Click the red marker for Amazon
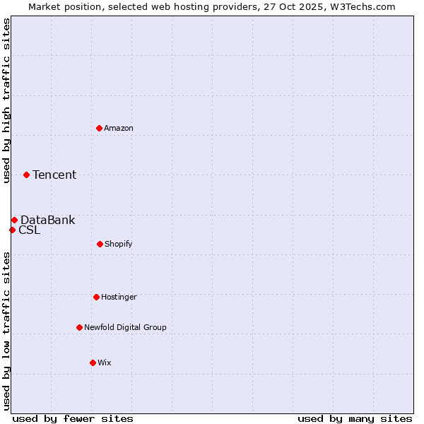point(99,128)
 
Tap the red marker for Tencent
point(26,175)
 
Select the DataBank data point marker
point(14,220)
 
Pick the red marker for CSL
point(12,230)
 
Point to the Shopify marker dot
point(100,244)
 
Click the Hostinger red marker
point(96,297)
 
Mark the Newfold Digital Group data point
point(79,327)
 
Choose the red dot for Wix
point(93,363)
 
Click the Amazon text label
point(119,128)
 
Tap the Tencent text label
point(54,175)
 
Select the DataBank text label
point(47,220)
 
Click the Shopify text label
point(119,244)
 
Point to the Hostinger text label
point(119,297)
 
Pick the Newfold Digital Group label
point(125,327)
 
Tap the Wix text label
point(105,363)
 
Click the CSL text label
point(29,230)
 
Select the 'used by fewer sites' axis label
point(73,418)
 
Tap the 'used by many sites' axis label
point(355,418)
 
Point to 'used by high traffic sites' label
point(6,100)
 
